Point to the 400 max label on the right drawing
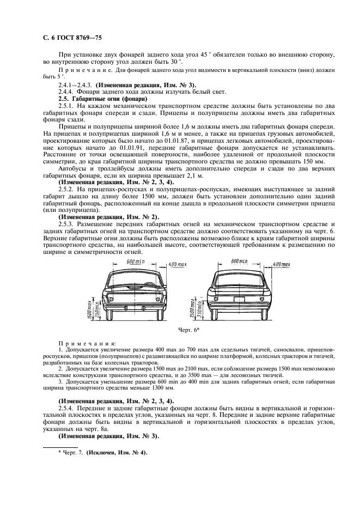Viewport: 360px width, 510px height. tap(281, 264)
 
